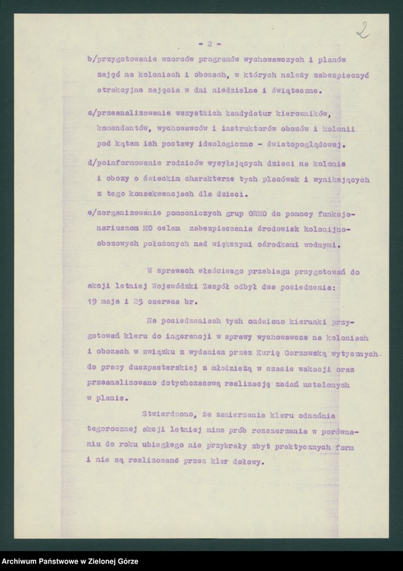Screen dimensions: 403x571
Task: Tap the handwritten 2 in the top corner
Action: [362, 29]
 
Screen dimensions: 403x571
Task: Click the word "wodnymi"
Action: [316, 245]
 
